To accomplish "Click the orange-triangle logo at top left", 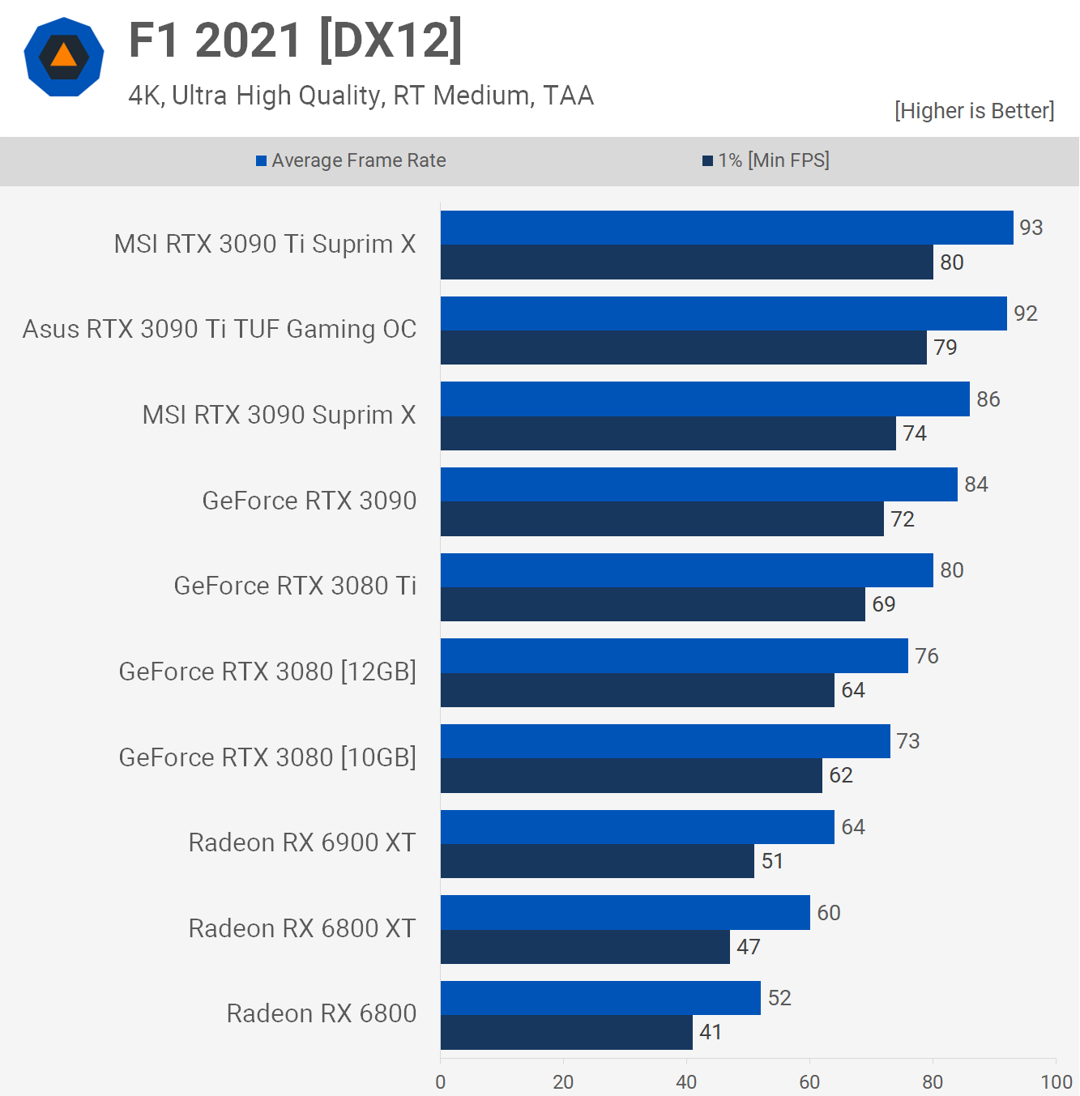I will [x=64, y=57].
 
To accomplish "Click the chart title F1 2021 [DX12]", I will [x=296, y=41].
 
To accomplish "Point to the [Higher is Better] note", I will [x=974, y=111].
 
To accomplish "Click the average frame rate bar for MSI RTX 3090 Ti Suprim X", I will [x=727, y=228].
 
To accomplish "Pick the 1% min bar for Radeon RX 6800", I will [x=566, y=1032].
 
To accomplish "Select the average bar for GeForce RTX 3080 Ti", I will [x=686, y=570].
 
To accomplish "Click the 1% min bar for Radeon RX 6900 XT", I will [x=597, y=861].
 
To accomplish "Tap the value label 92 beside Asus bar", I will [x=1025, y=313].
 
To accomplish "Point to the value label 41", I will [x=711, y=1032].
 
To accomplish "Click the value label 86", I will [x=988, y=399].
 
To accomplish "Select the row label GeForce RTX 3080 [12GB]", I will [x=267, y=672].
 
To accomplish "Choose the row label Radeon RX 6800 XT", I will [x=302, y=928].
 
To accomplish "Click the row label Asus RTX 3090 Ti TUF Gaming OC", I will [x=220, y=330].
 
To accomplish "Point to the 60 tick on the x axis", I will [x=809, y=1081].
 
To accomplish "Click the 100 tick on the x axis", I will [x=1056, y=1081].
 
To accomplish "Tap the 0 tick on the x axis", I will [x=441, y=1081].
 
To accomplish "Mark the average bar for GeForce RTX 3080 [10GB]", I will [x=665, y=741].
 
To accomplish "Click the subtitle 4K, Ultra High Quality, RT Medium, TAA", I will [x=361, y=96].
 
